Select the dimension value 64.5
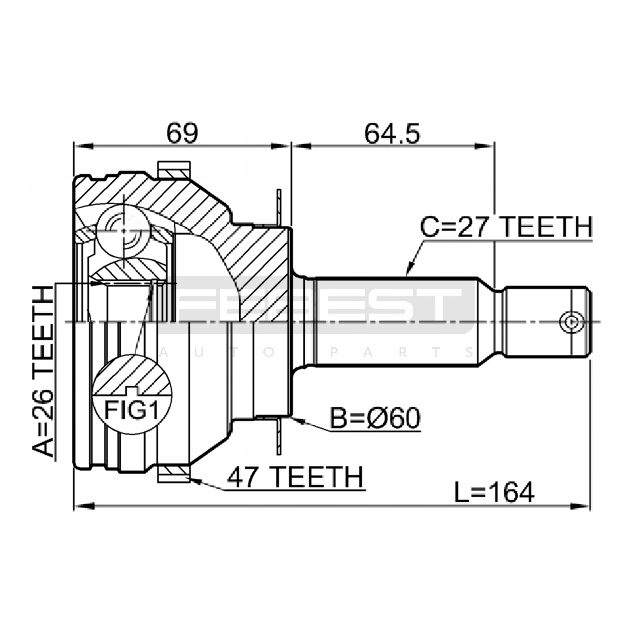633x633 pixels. coord(392,133)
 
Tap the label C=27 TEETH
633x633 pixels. coord(506,227)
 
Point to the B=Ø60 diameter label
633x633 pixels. coord(375,419)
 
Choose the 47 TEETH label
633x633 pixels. coord(295,477)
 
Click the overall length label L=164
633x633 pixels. coord(494,493)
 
